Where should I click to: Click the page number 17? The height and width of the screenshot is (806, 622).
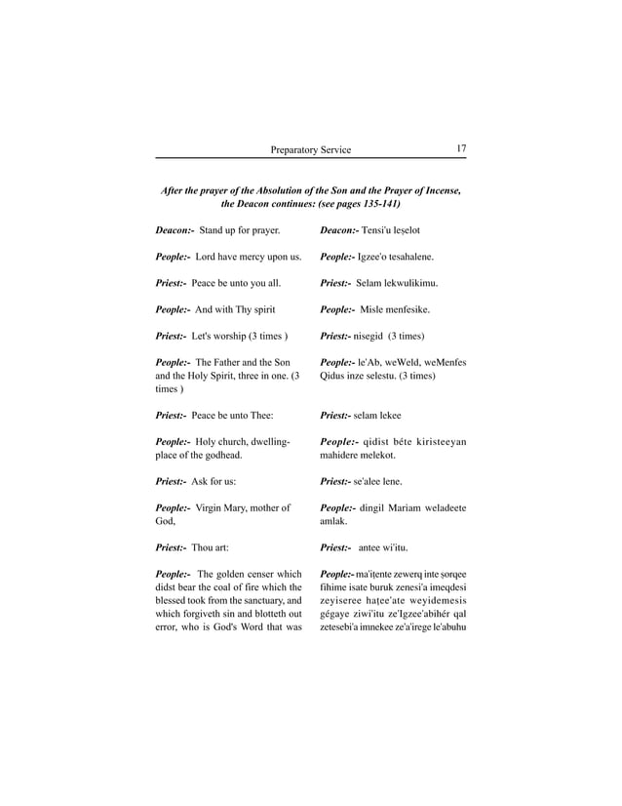[460, 148]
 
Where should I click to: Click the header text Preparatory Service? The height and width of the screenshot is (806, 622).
[311, 149]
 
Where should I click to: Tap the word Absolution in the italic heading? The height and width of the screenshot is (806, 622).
[280, 188]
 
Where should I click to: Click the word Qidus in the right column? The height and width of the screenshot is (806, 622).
[334, 375]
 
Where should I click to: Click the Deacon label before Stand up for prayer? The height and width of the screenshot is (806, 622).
[175, 230]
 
